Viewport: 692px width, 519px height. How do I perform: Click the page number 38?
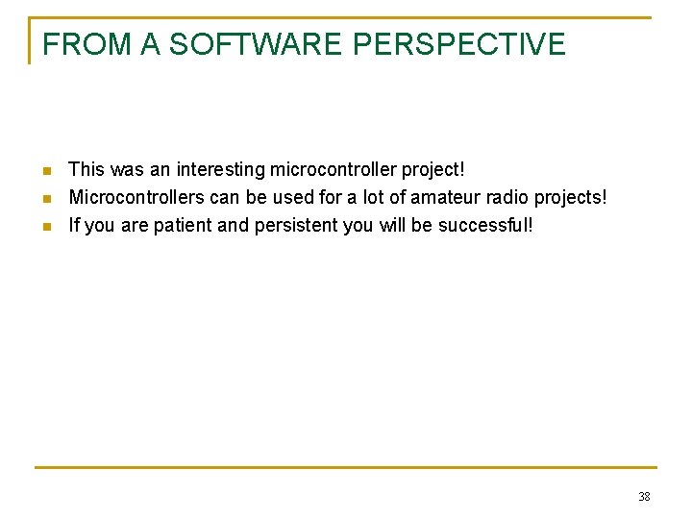coord(644,497)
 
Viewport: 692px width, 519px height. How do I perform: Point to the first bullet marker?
coord(47,171)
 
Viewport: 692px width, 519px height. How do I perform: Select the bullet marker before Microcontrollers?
coord(47,199)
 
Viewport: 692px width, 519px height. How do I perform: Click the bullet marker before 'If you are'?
coord(47,227)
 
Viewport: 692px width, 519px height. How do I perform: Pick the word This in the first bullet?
coord(86,170)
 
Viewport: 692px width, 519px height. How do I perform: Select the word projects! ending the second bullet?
coord(572,198)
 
